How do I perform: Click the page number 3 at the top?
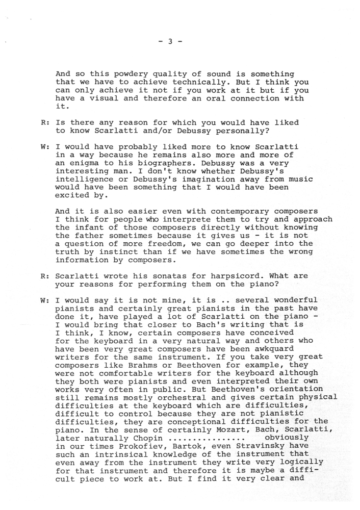[171, 42]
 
